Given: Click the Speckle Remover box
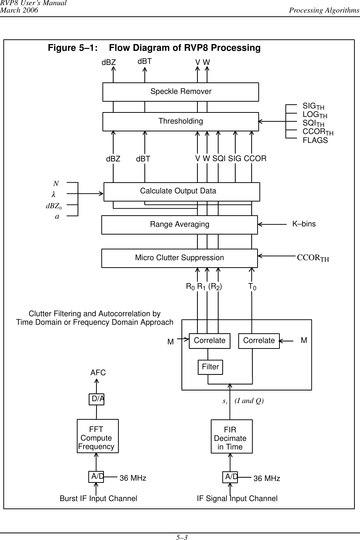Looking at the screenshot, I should [x=180, y=92].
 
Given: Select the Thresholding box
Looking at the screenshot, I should [x=180, y=121].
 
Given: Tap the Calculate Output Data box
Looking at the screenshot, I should [x=181, y=192].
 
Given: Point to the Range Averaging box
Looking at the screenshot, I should [x=179, y=225].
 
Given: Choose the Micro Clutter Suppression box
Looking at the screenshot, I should [x=179, y=258].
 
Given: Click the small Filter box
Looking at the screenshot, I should [x=210, y=367].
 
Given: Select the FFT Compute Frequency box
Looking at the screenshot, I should [x=98, y=436].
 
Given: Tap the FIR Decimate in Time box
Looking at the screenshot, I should [x=232, y=436].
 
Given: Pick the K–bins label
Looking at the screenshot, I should [x=304, y=224].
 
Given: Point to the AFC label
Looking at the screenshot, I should [x=98, y=373].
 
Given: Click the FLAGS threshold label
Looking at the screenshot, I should [x=315, y=141].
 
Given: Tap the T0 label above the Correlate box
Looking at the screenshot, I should [x=252, y=286].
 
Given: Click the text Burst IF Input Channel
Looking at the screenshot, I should [x=98, y=498].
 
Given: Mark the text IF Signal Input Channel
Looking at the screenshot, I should [x=237, y=498].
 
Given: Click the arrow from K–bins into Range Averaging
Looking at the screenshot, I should [x=273, y=224].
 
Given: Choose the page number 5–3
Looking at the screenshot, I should [x=181, y=537].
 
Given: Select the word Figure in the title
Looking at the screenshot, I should [x=62, y=48].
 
